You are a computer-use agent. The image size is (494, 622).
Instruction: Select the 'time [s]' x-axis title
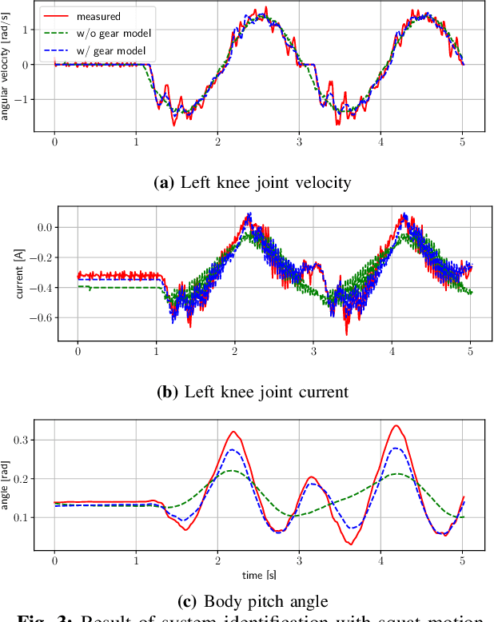coord(258,575)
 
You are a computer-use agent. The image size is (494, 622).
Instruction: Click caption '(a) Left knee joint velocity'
coord(252,182)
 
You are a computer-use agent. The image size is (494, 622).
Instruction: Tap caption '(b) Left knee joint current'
coord(254,392)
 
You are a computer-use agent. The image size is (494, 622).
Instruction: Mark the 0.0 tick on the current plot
coord(45,228)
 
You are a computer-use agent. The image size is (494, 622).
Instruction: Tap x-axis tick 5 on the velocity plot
coord(462,142)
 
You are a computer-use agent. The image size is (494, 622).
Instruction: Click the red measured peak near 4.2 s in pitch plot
coord(396,425)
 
